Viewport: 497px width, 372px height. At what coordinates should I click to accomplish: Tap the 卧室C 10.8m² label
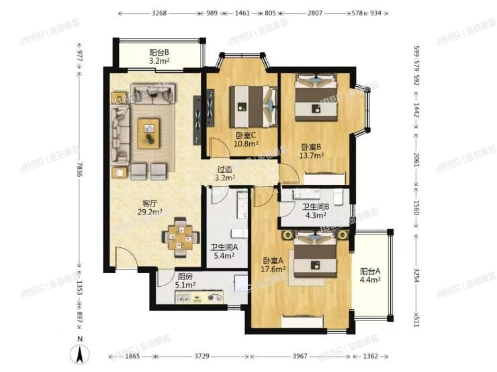(244, 139)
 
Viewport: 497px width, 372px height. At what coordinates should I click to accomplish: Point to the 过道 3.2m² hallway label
(225, 174)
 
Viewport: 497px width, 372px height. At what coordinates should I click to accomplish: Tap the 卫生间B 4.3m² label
(315, 211)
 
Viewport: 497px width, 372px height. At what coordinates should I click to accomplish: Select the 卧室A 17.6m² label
(274, 265)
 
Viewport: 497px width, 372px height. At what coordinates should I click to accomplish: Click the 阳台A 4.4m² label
(370, 275)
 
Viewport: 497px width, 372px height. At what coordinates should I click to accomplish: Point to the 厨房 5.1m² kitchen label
(186, 280)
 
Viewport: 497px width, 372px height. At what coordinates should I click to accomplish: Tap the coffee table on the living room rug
(148, 131)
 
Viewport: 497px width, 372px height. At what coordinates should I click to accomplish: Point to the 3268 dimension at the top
(159, 13)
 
